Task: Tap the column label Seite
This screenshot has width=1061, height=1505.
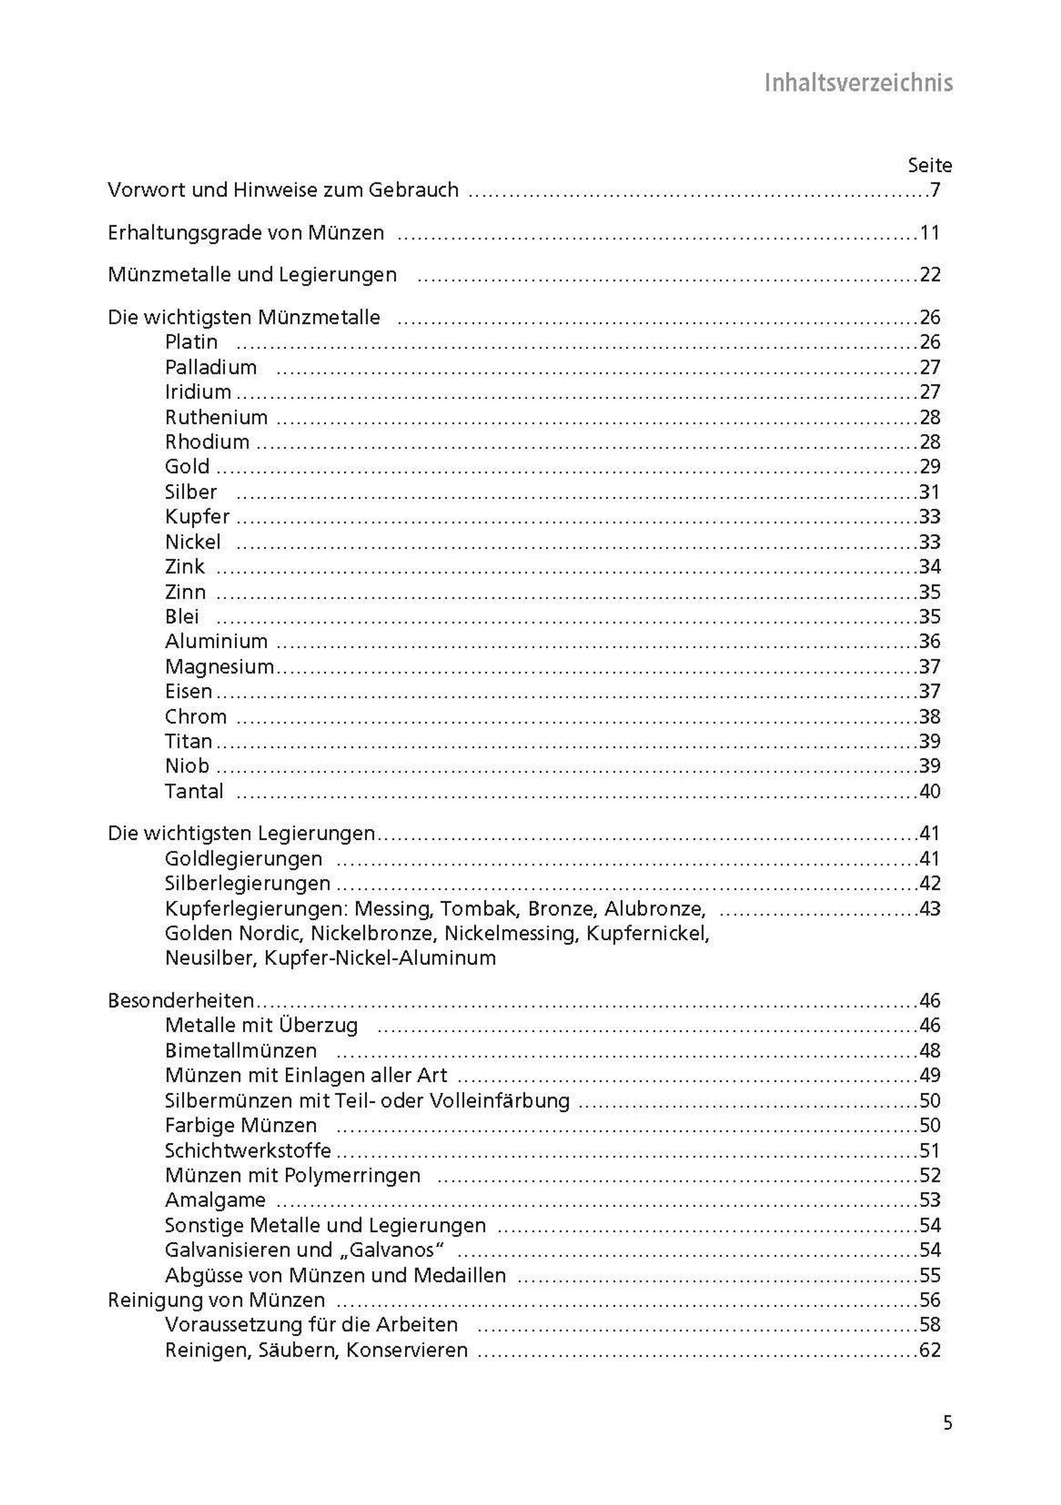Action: (x=929, y=166)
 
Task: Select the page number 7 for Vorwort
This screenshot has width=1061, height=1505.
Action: (x=935, y=190)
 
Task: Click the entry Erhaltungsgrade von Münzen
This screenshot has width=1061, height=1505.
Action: (x=246, y=233)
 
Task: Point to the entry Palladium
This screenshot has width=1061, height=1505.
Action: (x=210, y=367)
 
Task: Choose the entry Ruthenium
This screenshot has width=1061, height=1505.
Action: (x=216, y=417)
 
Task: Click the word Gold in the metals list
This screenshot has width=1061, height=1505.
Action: (x=187, y=467)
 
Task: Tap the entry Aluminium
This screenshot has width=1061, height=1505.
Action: (x=216, y=641)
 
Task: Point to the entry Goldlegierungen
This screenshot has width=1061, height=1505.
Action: (x=243, y=859)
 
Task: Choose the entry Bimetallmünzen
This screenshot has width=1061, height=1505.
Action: (x=240, y=1051)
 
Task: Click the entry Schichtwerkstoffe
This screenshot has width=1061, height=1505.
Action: (x=248, y=1150)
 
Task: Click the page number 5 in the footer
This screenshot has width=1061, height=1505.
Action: (x=948, y=1423)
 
